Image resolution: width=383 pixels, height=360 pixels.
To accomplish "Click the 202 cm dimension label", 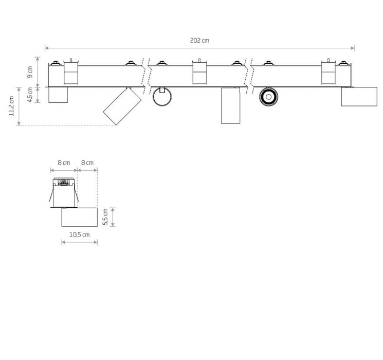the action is pyautogui.click(x=199, y=41).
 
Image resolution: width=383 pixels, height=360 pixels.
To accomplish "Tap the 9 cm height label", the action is pyautogui.click(x=30, y=72).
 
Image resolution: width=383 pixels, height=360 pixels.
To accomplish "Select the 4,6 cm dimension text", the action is pyautogui.click(x=30, y=95).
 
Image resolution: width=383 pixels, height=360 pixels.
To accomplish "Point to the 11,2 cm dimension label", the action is pyautogui.click(x=11, y=106).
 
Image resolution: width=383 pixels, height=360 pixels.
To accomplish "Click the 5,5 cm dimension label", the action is pyautogui.click(x=105, y=217).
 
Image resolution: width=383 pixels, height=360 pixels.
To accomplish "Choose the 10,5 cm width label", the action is pyautogui.click(x=79, y=235).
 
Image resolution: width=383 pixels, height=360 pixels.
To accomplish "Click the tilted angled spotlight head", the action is pyautogui.click(x=122, y=106).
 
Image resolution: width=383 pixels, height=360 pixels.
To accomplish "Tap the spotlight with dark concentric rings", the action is pyautogui.click(x=268, y=97).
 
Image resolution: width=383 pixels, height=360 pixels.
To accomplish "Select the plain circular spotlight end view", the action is pyautogui.click(x=162, y=97).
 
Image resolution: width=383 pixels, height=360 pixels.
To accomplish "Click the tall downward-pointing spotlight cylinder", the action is pyautogui.click(x=231, y=105).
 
